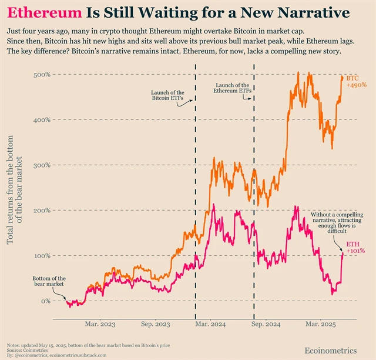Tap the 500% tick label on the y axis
(41, 75)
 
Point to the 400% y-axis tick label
(41, 120)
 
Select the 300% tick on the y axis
(41, 165)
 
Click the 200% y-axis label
(41, 210)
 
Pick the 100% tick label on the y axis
(41, 255)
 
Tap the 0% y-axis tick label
(44, 301)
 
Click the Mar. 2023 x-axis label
(100, 324)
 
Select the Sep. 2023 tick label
(155, 324)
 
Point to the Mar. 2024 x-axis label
(210, 324)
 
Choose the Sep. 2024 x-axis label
(266, 324)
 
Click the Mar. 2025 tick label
(320, 324)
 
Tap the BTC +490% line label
(356, 82)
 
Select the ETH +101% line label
(355, 247)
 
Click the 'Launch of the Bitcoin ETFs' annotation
(167, 96)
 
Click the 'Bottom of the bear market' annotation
(49, 282)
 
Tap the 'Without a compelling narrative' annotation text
(329, 223)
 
